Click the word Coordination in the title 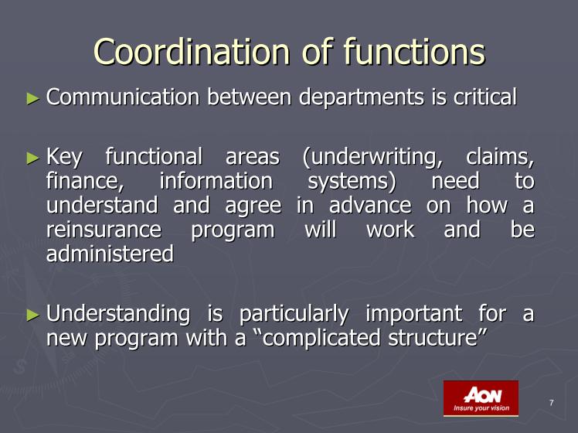tap(192, 52)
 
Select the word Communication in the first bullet tap(123, 97)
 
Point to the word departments tap(362, 98)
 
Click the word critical tap(485, 97)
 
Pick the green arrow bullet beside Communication tap(33, 98)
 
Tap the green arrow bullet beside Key tap(33, 159)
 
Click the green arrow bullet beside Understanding tap(33, 315)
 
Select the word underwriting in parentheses tap(372, 158)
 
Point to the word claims tap(500, 157)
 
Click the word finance tap(85, 181)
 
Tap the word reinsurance tap(104, 230)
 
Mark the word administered tap(110, 254)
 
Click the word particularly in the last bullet tap(294, 315)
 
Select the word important tap(413, 315)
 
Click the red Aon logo tap(481, 398)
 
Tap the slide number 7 tap(552, 403)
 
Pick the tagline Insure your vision tap(481, 408)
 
